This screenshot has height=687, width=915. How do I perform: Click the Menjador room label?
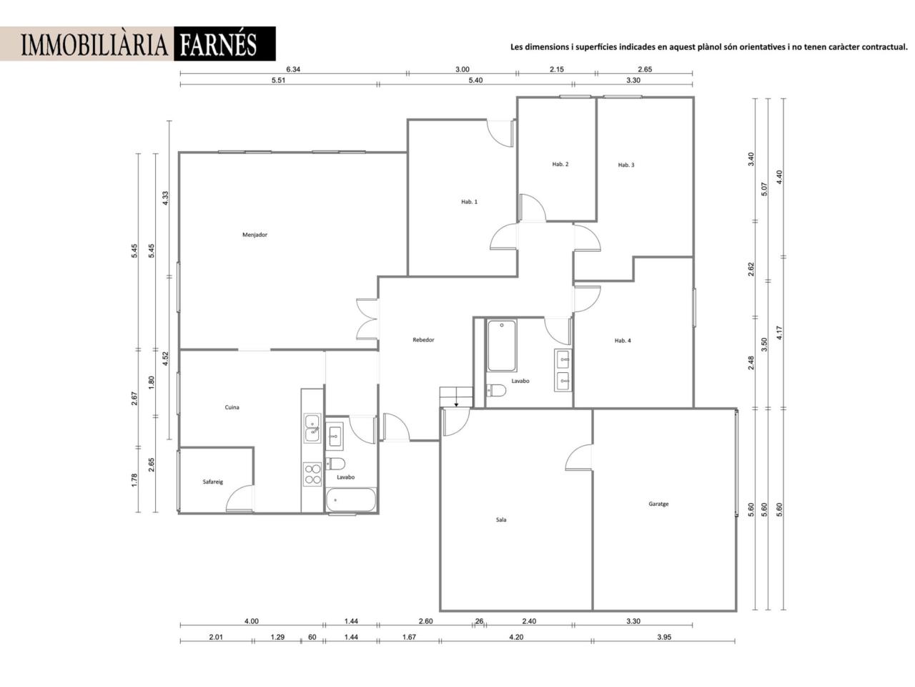point(254,235)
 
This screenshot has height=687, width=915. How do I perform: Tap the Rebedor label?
point(423,340)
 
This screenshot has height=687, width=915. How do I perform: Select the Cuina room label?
point(232,407)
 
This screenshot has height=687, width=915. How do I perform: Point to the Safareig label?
point(212,482)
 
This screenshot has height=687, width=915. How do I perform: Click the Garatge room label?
point(658,504)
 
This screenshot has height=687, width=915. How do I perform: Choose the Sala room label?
point(501,520)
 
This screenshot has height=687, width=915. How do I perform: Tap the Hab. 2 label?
point(560,165)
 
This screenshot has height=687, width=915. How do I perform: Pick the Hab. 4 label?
point(623,341)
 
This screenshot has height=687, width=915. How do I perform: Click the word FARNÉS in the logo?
point(219,44)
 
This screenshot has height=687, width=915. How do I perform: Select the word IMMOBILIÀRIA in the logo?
point(94,44)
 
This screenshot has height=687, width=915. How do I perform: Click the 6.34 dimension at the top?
point(293,69)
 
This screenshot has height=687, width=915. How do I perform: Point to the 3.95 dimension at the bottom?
point(664,637)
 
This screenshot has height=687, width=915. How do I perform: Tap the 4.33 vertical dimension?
point(166,198)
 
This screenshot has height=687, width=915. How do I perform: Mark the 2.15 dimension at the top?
point(556,69)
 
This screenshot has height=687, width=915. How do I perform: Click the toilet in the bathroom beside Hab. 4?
point(496,391)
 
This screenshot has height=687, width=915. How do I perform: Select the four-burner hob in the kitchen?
point(312,474)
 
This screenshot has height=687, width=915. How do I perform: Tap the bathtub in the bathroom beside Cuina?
point(351,500)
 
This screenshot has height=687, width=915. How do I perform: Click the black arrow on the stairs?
point(457,404)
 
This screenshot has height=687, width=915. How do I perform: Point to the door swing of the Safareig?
point(239,498)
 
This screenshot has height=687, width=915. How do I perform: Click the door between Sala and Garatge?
point(578,457)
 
